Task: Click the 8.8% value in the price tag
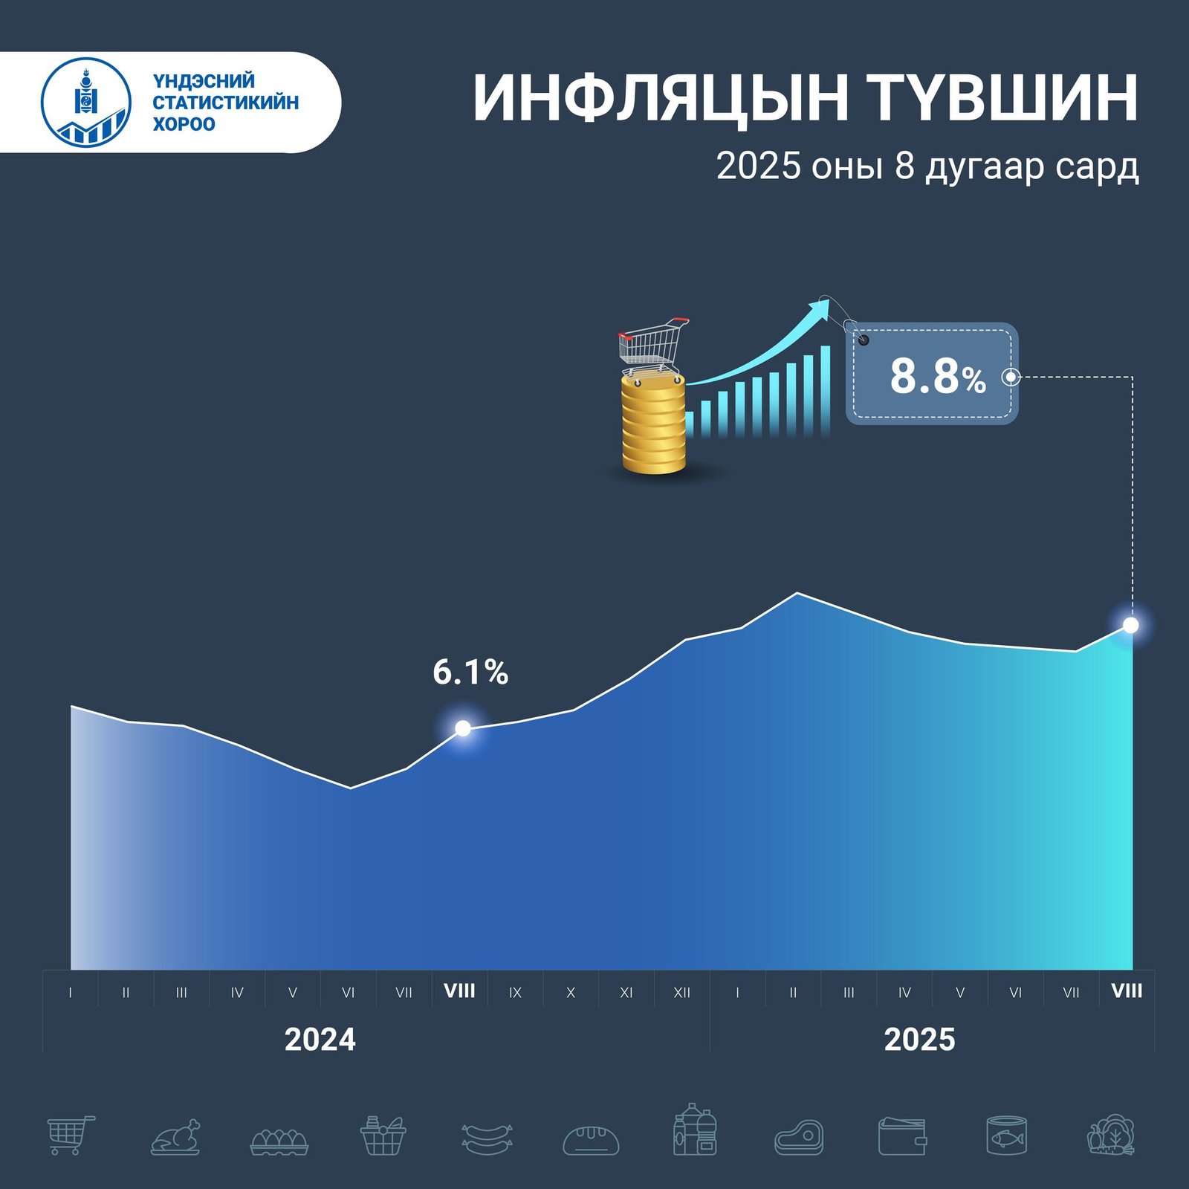pyautogui.click(x=937, y=376)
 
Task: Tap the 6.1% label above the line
pyautogui.click(x=470, y=673)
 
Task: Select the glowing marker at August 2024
pyautogui.click(x=462, y=728)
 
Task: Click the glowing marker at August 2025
pyautogui.click(x=1130, y=626)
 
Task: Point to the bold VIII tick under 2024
pyautogui.click(x=459, y=991)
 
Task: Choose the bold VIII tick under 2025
pyautogui.click(x=1127, y=991)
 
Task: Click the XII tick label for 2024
pyautogui.click(x=681, y=993)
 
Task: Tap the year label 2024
pyautogui.click(x=320, y=1040)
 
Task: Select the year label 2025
pyautogui.click(x=919, y=1040)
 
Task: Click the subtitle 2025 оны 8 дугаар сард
pyautogui.click(x=927, y=166)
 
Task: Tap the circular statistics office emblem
pyautogui.click(x=86, y=102)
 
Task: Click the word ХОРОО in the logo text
pyautogui.click(x=184, y=124)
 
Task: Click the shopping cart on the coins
pyautogui.click(x=652, y=346)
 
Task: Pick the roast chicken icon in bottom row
pyautogui.click(x=176, y=1137)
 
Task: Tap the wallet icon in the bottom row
pyautogui.click(x=902, y=1137)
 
